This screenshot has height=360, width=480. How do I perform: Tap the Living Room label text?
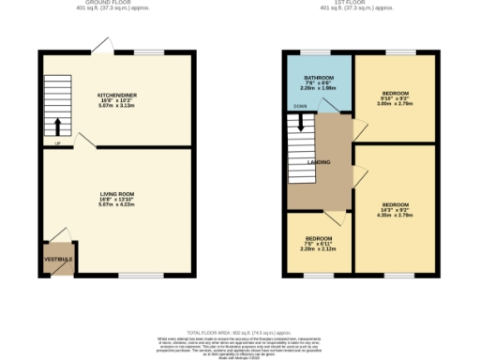[x=117, y=194]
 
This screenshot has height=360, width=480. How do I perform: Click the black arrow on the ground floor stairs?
[x=58, y=127]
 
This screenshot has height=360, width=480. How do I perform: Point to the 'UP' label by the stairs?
[x=57, y=144]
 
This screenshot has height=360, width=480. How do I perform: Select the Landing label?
[x=320, y=161]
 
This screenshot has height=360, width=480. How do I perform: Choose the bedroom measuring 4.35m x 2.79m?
[x=395, y=208]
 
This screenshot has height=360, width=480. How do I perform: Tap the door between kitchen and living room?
[x=86, y=140]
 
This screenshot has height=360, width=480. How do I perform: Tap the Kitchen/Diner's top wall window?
[x=146, y=52]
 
